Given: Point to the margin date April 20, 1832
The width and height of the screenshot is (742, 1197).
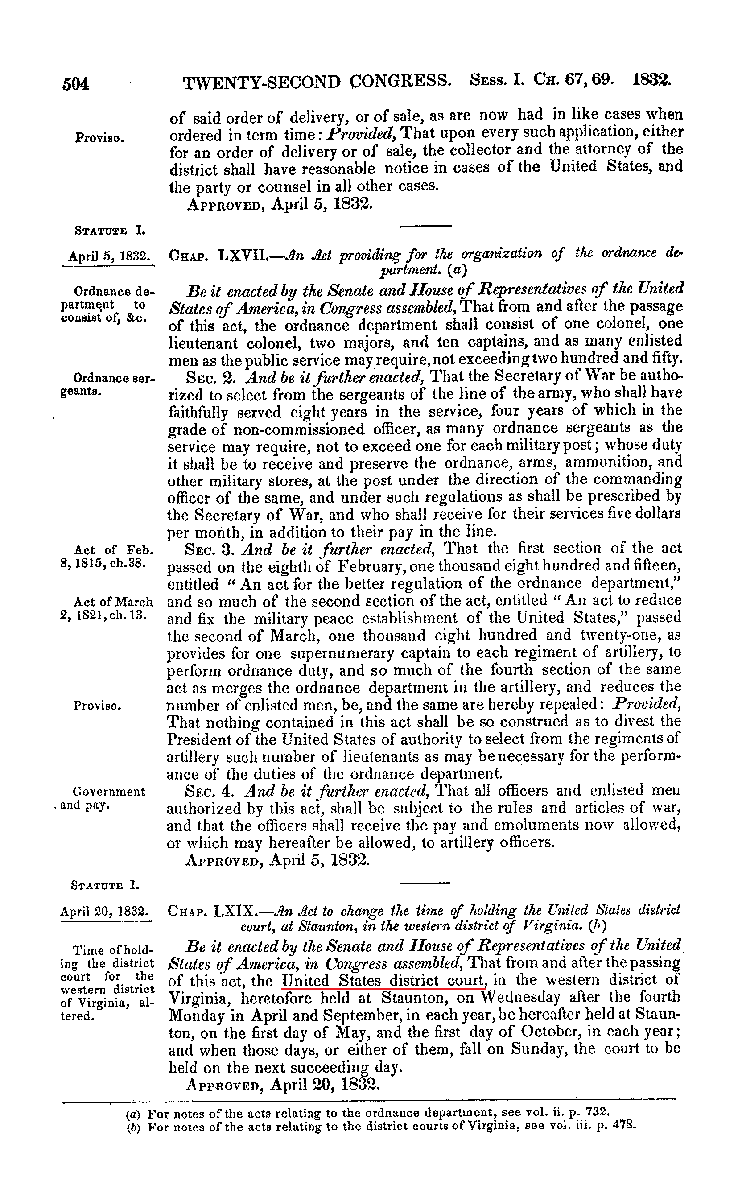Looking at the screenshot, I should (x=104, y=912).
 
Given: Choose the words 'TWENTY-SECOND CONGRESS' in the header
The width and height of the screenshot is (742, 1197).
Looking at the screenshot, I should (x=317, y=82).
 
